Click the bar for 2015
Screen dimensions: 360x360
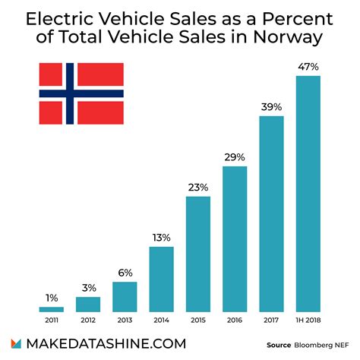[198, 254]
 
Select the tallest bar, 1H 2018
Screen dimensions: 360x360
[308, 194]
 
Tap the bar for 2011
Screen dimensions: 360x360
[52, 308]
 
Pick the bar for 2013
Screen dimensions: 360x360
[125, 296]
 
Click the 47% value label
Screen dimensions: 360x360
[308, 67]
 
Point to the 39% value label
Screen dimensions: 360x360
[271, 107]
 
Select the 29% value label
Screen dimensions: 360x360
[235, 157]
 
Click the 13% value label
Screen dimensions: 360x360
[162, 237]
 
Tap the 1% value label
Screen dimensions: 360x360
[52, 297]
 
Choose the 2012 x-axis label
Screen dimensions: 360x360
[88, 321]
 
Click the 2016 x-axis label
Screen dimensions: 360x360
[235, 321]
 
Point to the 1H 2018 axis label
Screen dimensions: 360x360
[308, 321]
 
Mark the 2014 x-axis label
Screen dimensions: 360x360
[162, 321]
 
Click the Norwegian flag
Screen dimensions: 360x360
[81, 93]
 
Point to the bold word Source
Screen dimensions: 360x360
[279, 345]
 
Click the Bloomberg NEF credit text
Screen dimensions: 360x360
[321, 345]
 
